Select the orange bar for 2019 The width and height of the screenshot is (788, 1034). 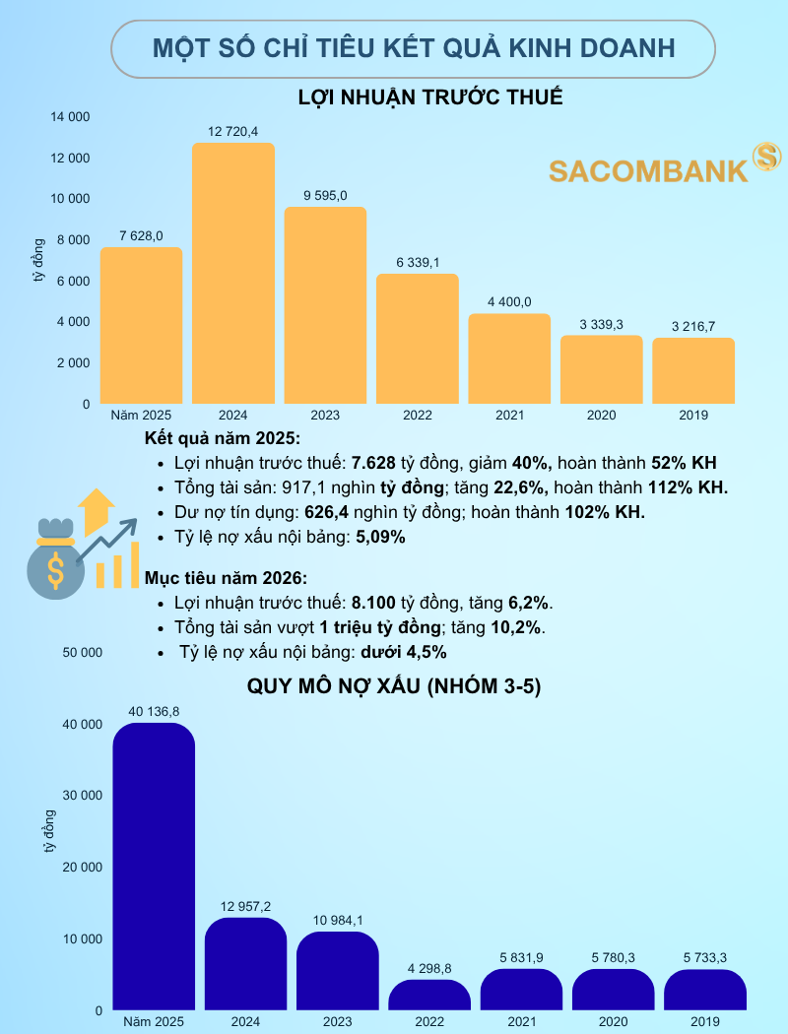[693, 371]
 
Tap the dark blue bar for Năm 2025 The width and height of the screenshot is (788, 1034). [154, 867]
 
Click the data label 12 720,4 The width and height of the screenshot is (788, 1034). [232, 131]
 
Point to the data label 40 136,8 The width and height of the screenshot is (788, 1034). [154, 710]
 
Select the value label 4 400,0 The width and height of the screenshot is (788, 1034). [508, 301]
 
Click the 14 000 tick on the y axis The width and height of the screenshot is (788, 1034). [70, 117]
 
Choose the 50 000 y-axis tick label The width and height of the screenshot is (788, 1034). [83, 652]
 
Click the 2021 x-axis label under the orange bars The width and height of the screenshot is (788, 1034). [509, 416]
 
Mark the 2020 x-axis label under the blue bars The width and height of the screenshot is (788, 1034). [614, 1022]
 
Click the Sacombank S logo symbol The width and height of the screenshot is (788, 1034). [766, 157]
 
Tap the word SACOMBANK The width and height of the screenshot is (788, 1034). [648, 171]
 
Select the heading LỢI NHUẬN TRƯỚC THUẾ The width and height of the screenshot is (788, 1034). [430, 97]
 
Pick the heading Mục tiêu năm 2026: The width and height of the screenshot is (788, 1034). [226, 577]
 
